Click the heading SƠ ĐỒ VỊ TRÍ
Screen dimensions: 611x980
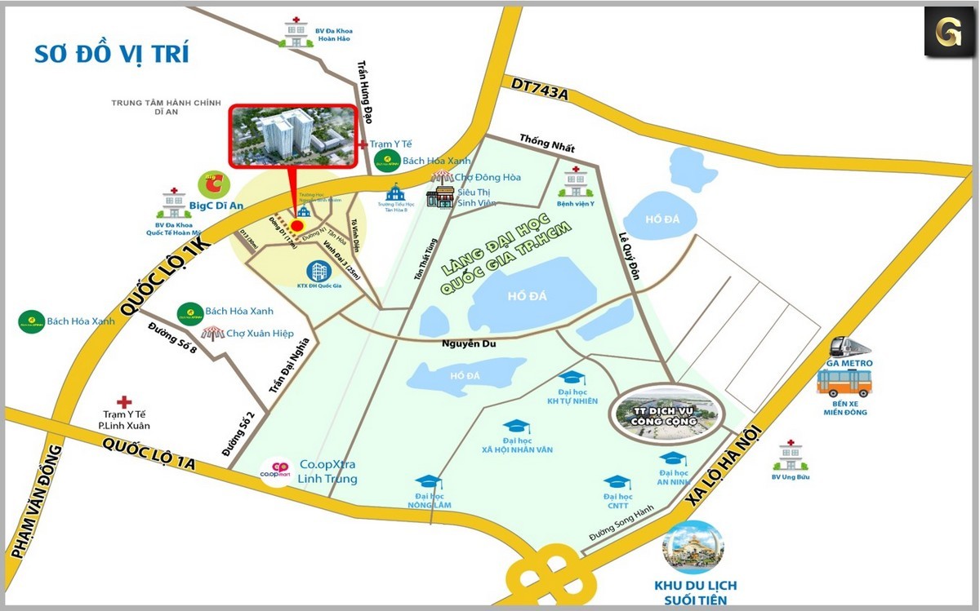111,54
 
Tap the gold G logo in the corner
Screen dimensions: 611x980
948,32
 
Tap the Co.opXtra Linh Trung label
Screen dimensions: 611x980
327,472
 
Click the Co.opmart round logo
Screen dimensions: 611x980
276,472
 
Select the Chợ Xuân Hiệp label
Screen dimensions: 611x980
260,333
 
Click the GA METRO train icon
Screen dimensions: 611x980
849,348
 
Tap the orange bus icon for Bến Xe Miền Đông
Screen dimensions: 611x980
844,383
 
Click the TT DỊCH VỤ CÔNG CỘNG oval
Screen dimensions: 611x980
669,414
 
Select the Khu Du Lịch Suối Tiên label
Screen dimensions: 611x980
695,592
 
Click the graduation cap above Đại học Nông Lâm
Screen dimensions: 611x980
428,482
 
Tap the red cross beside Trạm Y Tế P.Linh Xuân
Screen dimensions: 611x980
124,401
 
